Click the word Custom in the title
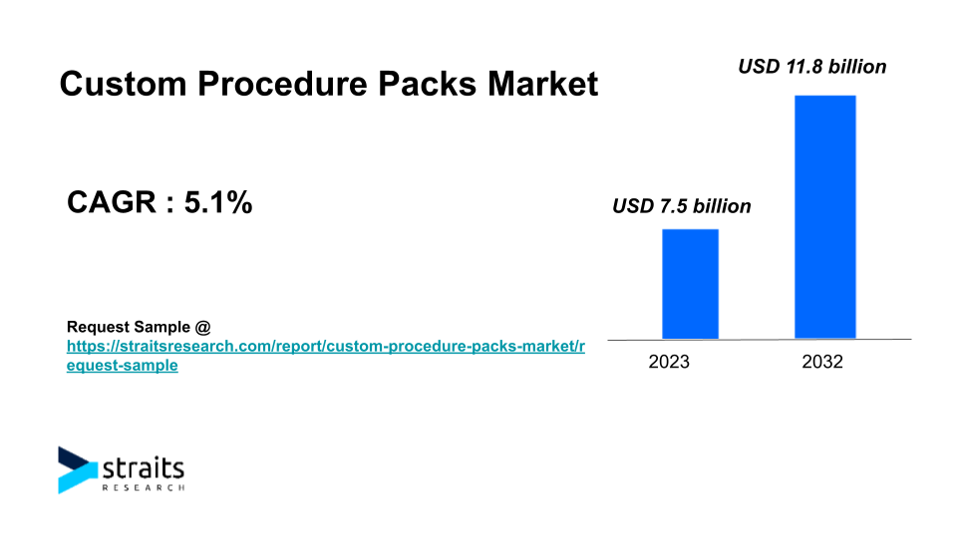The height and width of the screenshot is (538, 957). click(123, 84)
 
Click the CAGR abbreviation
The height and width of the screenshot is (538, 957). click(111, 202)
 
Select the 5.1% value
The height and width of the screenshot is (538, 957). click(218, 202)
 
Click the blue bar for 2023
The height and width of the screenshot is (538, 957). click(690, 284)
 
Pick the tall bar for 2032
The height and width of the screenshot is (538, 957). click(825, 216)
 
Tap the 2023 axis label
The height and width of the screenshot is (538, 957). click(669, 362)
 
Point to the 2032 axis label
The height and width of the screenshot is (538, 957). click(822, 362)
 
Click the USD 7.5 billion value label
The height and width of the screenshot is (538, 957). click(682, 206)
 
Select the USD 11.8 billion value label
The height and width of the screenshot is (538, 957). click(812, 67)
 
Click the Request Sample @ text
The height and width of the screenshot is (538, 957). click(139, 327)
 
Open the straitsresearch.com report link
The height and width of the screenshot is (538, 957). click(326, 356)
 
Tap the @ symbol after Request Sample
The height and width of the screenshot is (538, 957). click(202, 328)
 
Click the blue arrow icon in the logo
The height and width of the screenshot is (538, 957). click(78, 469)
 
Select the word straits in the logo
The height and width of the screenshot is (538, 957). click(143, 468)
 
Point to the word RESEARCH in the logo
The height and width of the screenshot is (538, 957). click(143, 487)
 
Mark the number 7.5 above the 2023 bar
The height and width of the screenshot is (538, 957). click(674, 206)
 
